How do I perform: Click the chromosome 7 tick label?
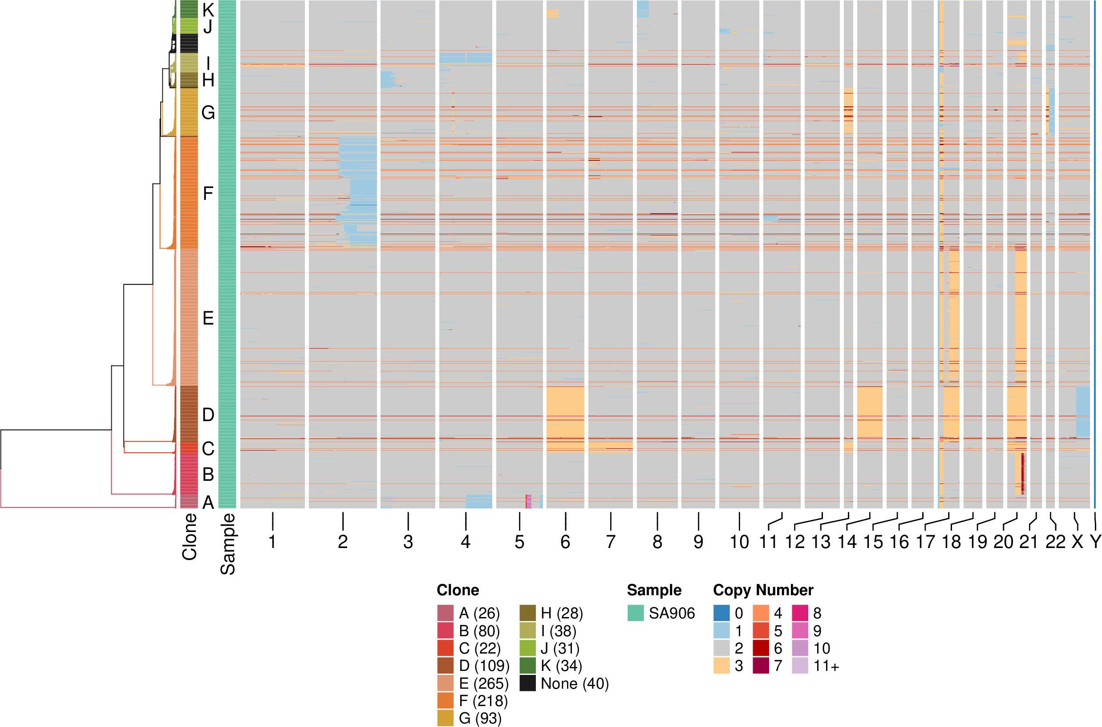coord(610,541)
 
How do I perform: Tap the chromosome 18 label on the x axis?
coord(952,541)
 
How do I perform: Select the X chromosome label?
coord(1078,541)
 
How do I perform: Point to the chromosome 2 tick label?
coord(342,541)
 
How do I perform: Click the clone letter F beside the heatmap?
coord(208,193)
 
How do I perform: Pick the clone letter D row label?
coord(208,414)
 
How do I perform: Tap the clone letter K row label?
coord(208,9)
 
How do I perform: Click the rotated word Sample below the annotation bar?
coord(227,544)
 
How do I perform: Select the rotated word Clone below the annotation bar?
coord(190,536)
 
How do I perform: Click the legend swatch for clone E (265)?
coord(445,683)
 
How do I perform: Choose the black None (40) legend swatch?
coord(527,683)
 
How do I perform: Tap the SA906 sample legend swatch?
coord(636,613)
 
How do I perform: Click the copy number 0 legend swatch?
coord(721,613)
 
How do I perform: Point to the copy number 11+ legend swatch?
coord(800,666)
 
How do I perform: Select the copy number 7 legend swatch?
coord(761,666)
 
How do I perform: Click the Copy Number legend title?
coord(763,590)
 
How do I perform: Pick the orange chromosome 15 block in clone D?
coord(869,411)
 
